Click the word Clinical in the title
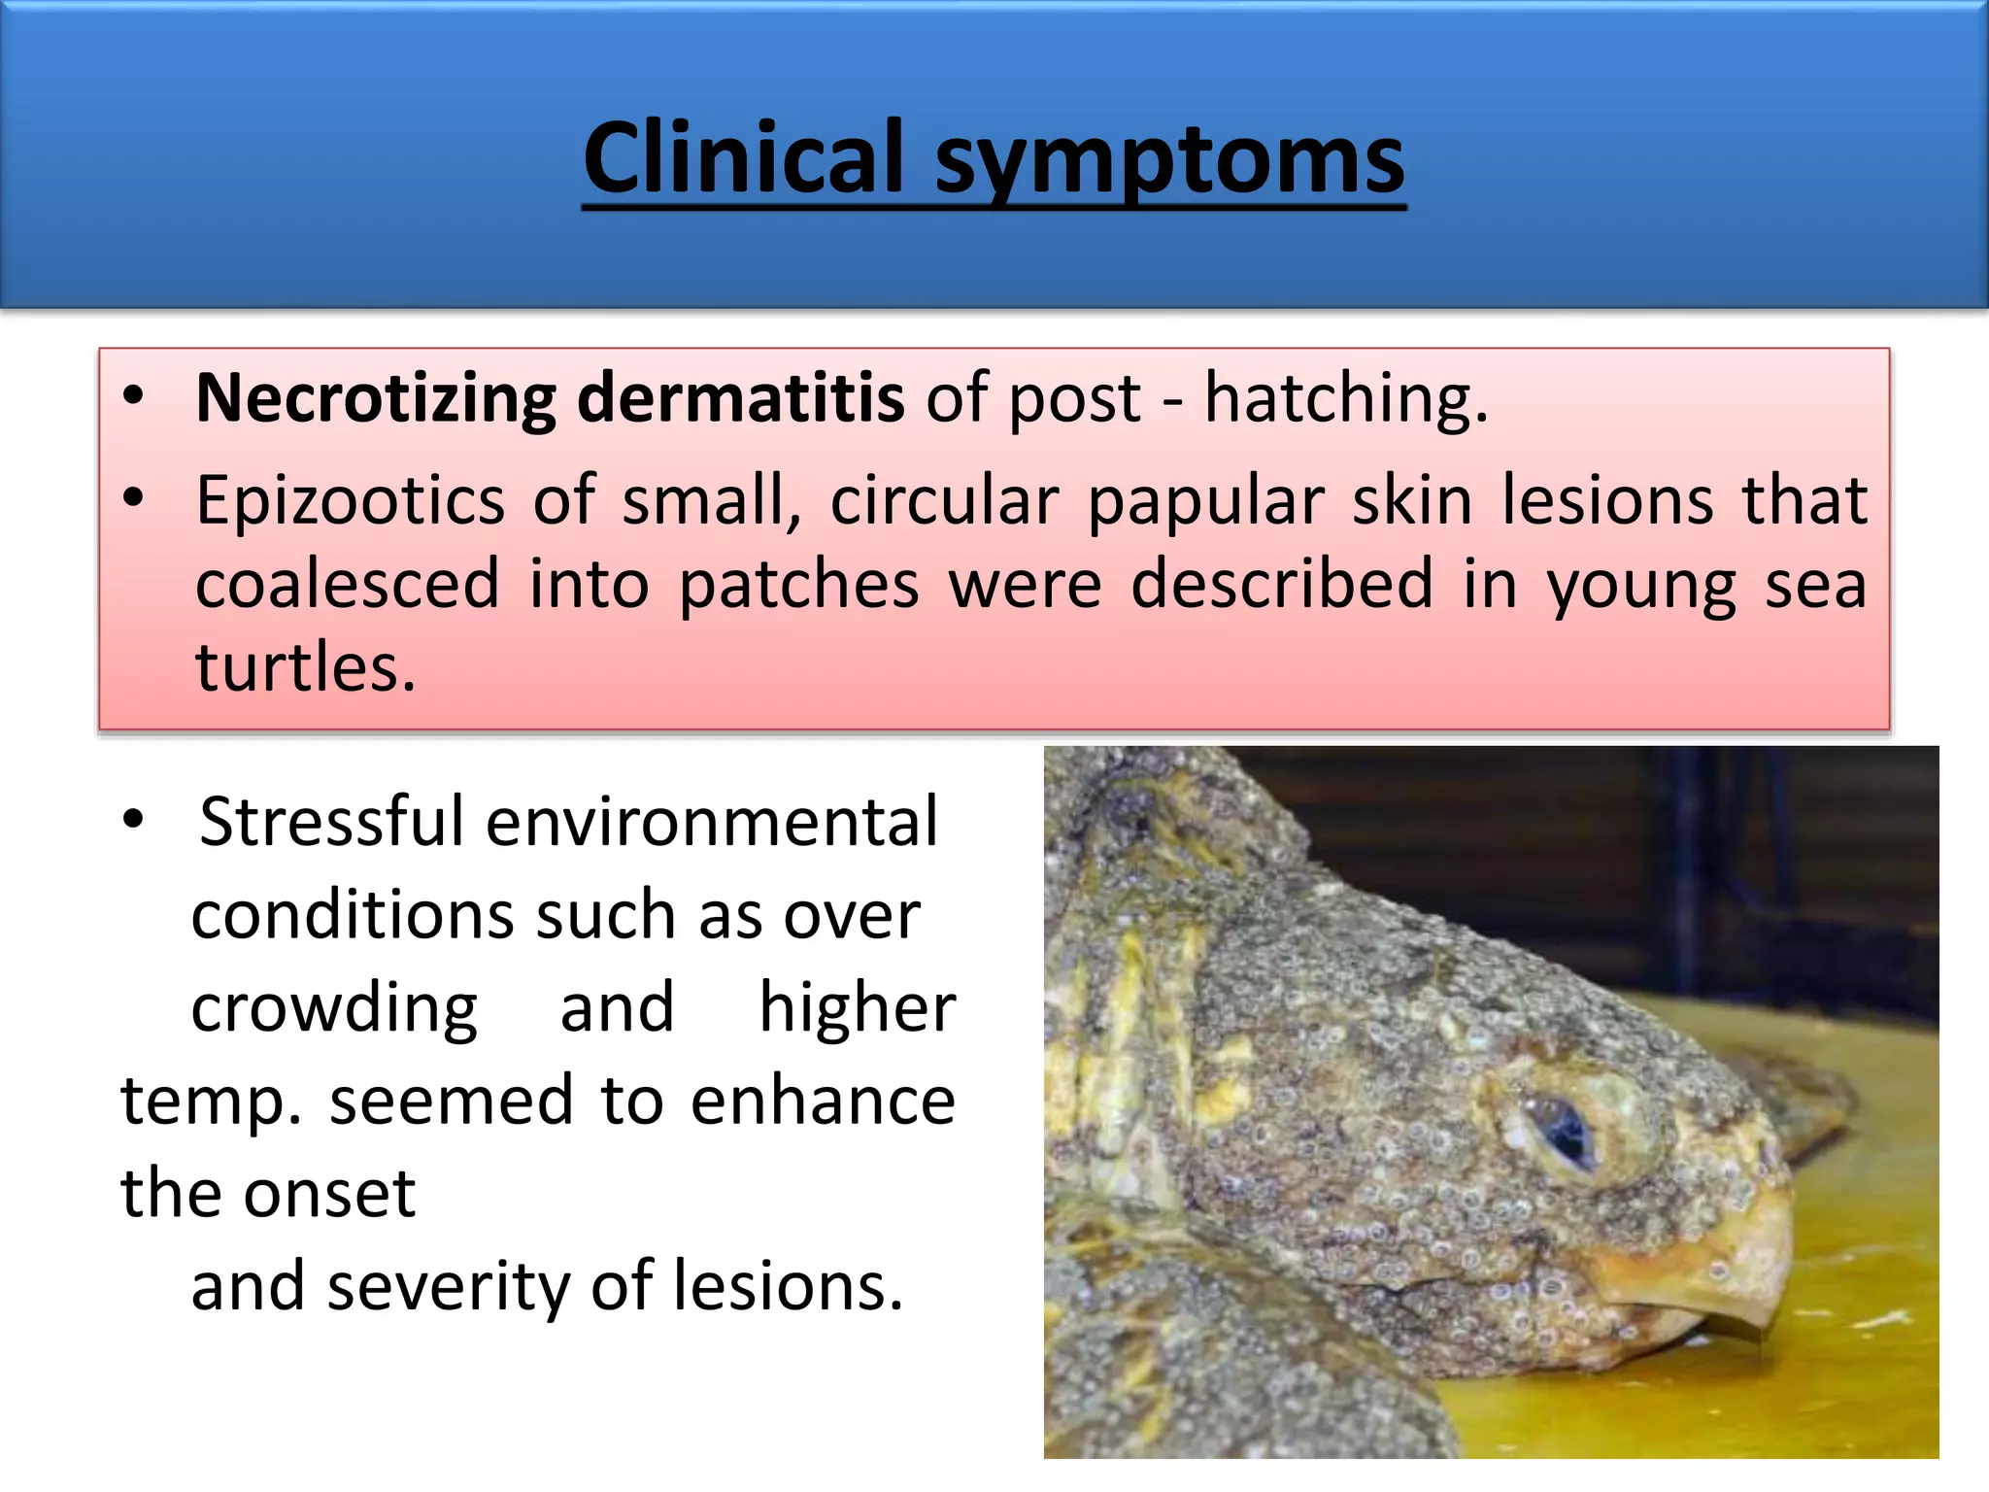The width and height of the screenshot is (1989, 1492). click(x=744, y=157)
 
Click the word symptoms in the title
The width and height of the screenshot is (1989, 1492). click(x=1169, y=161)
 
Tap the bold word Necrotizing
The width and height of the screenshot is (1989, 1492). click(x=375, y=399)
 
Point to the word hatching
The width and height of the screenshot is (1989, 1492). click(x=1346, y=399)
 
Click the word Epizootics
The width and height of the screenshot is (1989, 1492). click(x=350, y=501)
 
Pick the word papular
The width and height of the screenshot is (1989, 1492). click(x=1205, y=501)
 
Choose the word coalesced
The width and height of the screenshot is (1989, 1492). click(x=347, y=585)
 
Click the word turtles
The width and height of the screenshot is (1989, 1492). click(x=305, y=668)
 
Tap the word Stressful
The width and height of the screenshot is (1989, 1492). click(x=331, y=822)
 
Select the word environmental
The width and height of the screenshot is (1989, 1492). click(x=711, y=822)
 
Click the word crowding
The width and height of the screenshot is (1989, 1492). click(x=333, y=1008)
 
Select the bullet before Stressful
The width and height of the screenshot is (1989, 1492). click(x=134, y=820)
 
